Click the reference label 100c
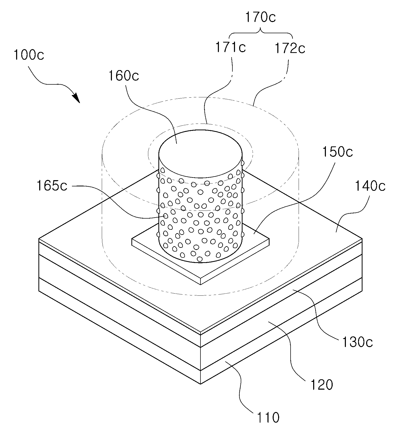pyautogui.click(x=29, y=55)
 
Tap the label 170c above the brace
pyautogui.click(x=260, y=17)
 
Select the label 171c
pyautogui.click(x=231, y=48)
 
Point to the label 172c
pyautogui.click(x=290, y=49)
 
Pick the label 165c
pyautogui.click(x=52, y=186)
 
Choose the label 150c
pyautogui.click(x=338, y=152)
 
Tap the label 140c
pyautogui.click(x=370, y=186)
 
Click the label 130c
pyautogui.click(x=358, y=342)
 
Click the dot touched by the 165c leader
pyautogui.click(x=165, y=216)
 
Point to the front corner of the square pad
pyautogui.click(x=201, y=284)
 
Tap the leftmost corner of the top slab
pyautogui.click(x=39, y=238)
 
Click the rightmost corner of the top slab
pyautogui.click(x=362, y=238)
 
